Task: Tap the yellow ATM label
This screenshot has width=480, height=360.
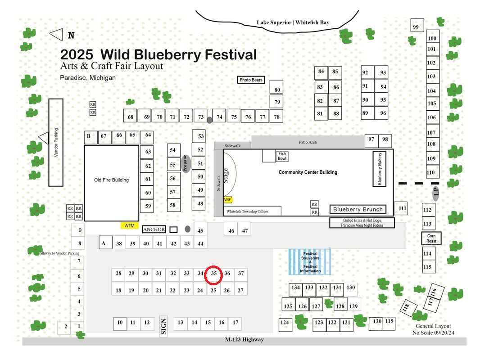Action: tap(130, 226)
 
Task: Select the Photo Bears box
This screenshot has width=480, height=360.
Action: tap(251, 80)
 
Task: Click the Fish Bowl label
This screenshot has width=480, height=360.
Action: tap(282, 156)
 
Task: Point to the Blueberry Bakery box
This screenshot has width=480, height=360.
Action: tap(379, 169)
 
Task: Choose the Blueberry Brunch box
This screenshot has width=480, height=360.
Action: tap(358, 209)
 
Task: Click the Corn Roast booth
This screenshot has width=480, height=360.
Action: tap(431, 238)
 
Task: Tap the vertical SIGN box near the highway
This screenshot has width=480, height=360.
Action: tap(163, 326)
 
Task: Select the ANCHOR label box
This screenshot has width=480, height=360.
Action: tap(154, 229)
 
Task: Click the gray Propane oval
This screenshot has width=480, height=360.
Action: tap(186, 164)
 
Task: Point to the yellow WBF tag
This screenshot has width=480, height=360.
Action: tap(227, 200)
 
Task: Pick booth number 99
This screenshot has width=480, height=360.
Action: tap(417, 25)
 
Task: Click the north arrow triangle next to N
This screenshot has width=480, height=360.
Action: tap(56, 35)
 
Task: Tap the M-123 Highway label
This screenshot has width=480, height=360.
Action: tap(245, 339)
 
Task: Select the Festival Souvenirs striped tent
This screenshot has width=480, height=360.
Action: tap(310, 262)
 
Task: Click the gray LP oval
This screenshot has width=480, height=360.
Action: tap(435, 193)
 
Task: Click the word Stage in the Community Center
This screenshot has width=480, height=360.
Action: tap(225, 176)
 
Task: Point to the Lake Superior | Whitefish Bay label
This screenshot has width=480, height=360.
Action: tap(293, 22)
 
